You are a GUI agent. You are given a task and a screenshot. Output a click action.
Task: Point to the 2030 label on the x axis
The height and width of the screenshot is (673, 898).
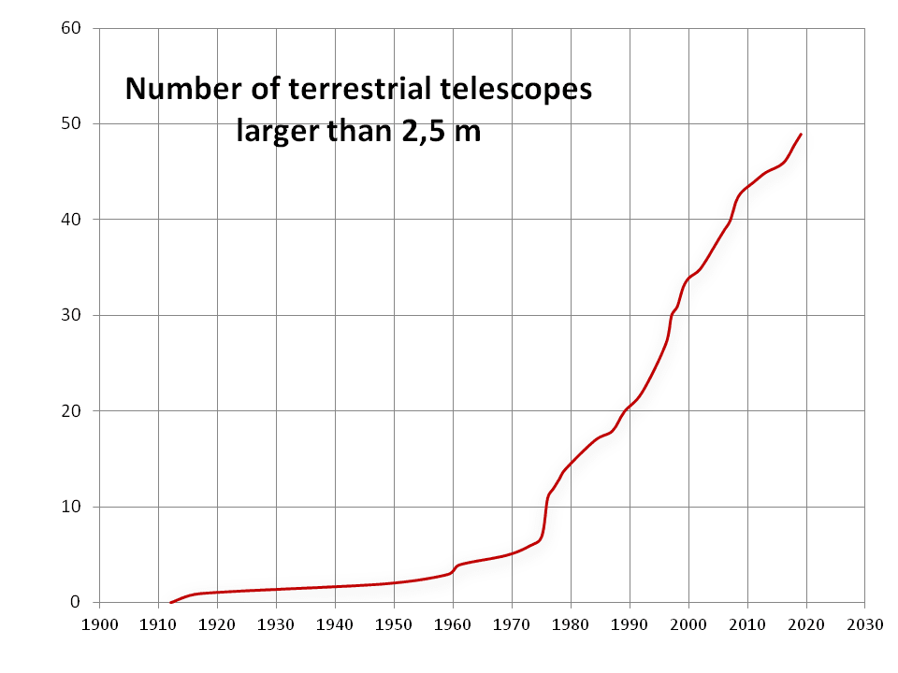point(864,624)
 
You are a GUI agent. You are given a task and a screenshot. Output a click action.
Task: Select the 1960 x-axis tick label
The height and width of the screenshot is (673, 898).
point(453,624)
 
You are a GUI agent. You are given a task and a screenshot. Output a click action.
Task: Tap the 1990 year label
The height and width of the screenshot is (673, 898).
point(630,624)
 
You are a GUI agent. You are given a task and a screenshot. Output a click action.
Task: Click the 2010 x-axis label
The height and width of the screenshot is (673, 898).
point(747,624)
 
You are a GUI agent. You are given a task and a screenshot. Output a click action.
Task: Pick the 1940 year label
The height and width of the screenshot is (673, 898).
point(335,624)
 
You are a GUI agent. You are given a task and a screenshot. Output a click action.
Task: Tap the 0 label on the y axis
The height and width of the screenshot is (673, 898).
point(78,602)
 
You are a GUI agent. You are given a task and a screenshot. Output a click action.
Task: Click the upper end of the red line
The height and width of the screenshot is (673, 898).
point(801,135)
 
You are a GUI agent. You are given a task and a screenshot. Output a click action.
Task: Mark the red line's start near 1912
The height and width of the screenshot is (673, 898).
point(171,602)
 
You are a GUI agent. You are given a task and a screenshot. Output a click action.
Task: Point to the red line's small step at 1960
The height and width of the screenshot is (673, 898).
point(455,567)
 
